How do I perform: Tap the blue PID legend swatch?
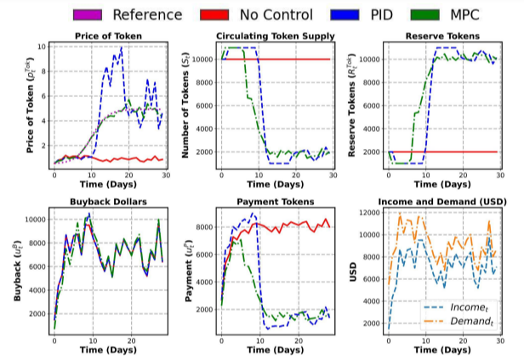pyautogui.click(x=350, y=14)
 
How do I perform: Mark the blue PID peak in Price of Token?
pyautogui.click(x=121, y=49)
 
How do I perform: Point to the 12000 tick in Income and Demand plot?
pyautogui.click(x=369, y=211)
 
